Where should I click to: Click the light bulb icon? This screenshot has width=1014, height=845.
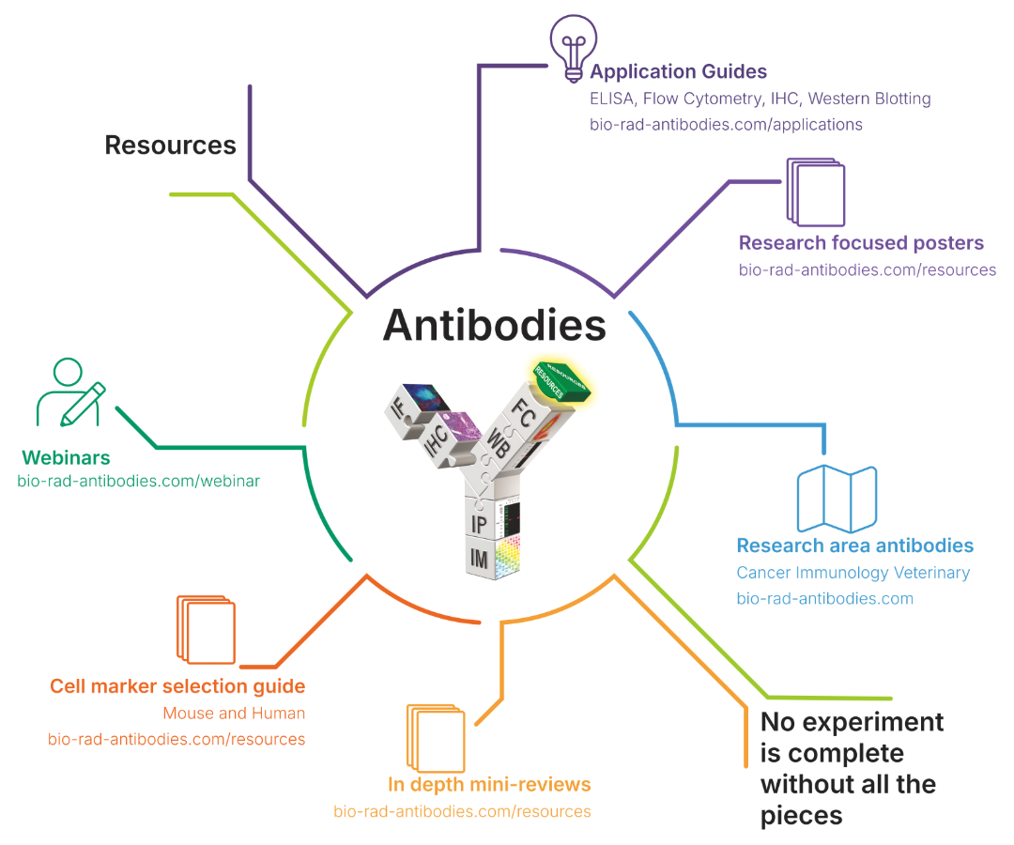pos(573,49)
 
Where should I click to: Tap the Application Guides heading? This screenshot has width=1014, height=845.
pos(679,71)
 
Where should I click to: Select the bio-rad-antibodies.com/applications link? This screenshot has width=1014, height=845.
pos(726,124)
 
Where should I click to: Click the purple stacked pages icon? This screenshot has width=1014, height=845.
pos(816,192)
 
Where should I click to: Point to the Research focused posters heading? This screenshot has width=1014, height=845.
pos(861,242)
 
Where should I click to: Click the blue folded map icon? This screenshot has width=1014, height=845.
pos(837,498)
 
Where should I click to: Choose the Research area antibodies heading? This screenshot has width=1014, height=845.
pos(855,545)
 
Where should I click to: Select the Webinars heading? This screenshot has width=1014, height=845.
pos(66,458)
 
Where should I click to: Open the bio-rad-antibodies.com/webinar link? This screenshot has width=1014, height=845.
pos(138,481)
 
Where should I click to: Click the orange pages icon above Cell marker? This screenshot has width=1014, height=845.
pos(206,630)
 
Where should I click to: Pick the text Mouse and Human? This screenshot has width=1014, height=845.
pos(234,714)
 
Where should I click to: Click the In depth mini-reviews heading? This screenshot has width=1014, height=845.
pos(489,784)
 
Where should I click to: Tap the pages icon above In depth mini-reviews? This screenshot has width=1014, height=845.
pos(436,738)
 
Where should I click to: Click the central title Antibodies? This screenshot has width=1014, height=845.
pos(495,325)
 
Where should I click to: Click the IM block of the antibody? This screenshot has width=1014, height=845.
pos(493,558)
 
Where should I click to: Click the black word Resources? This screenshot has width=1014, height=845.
pos(171,146)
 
